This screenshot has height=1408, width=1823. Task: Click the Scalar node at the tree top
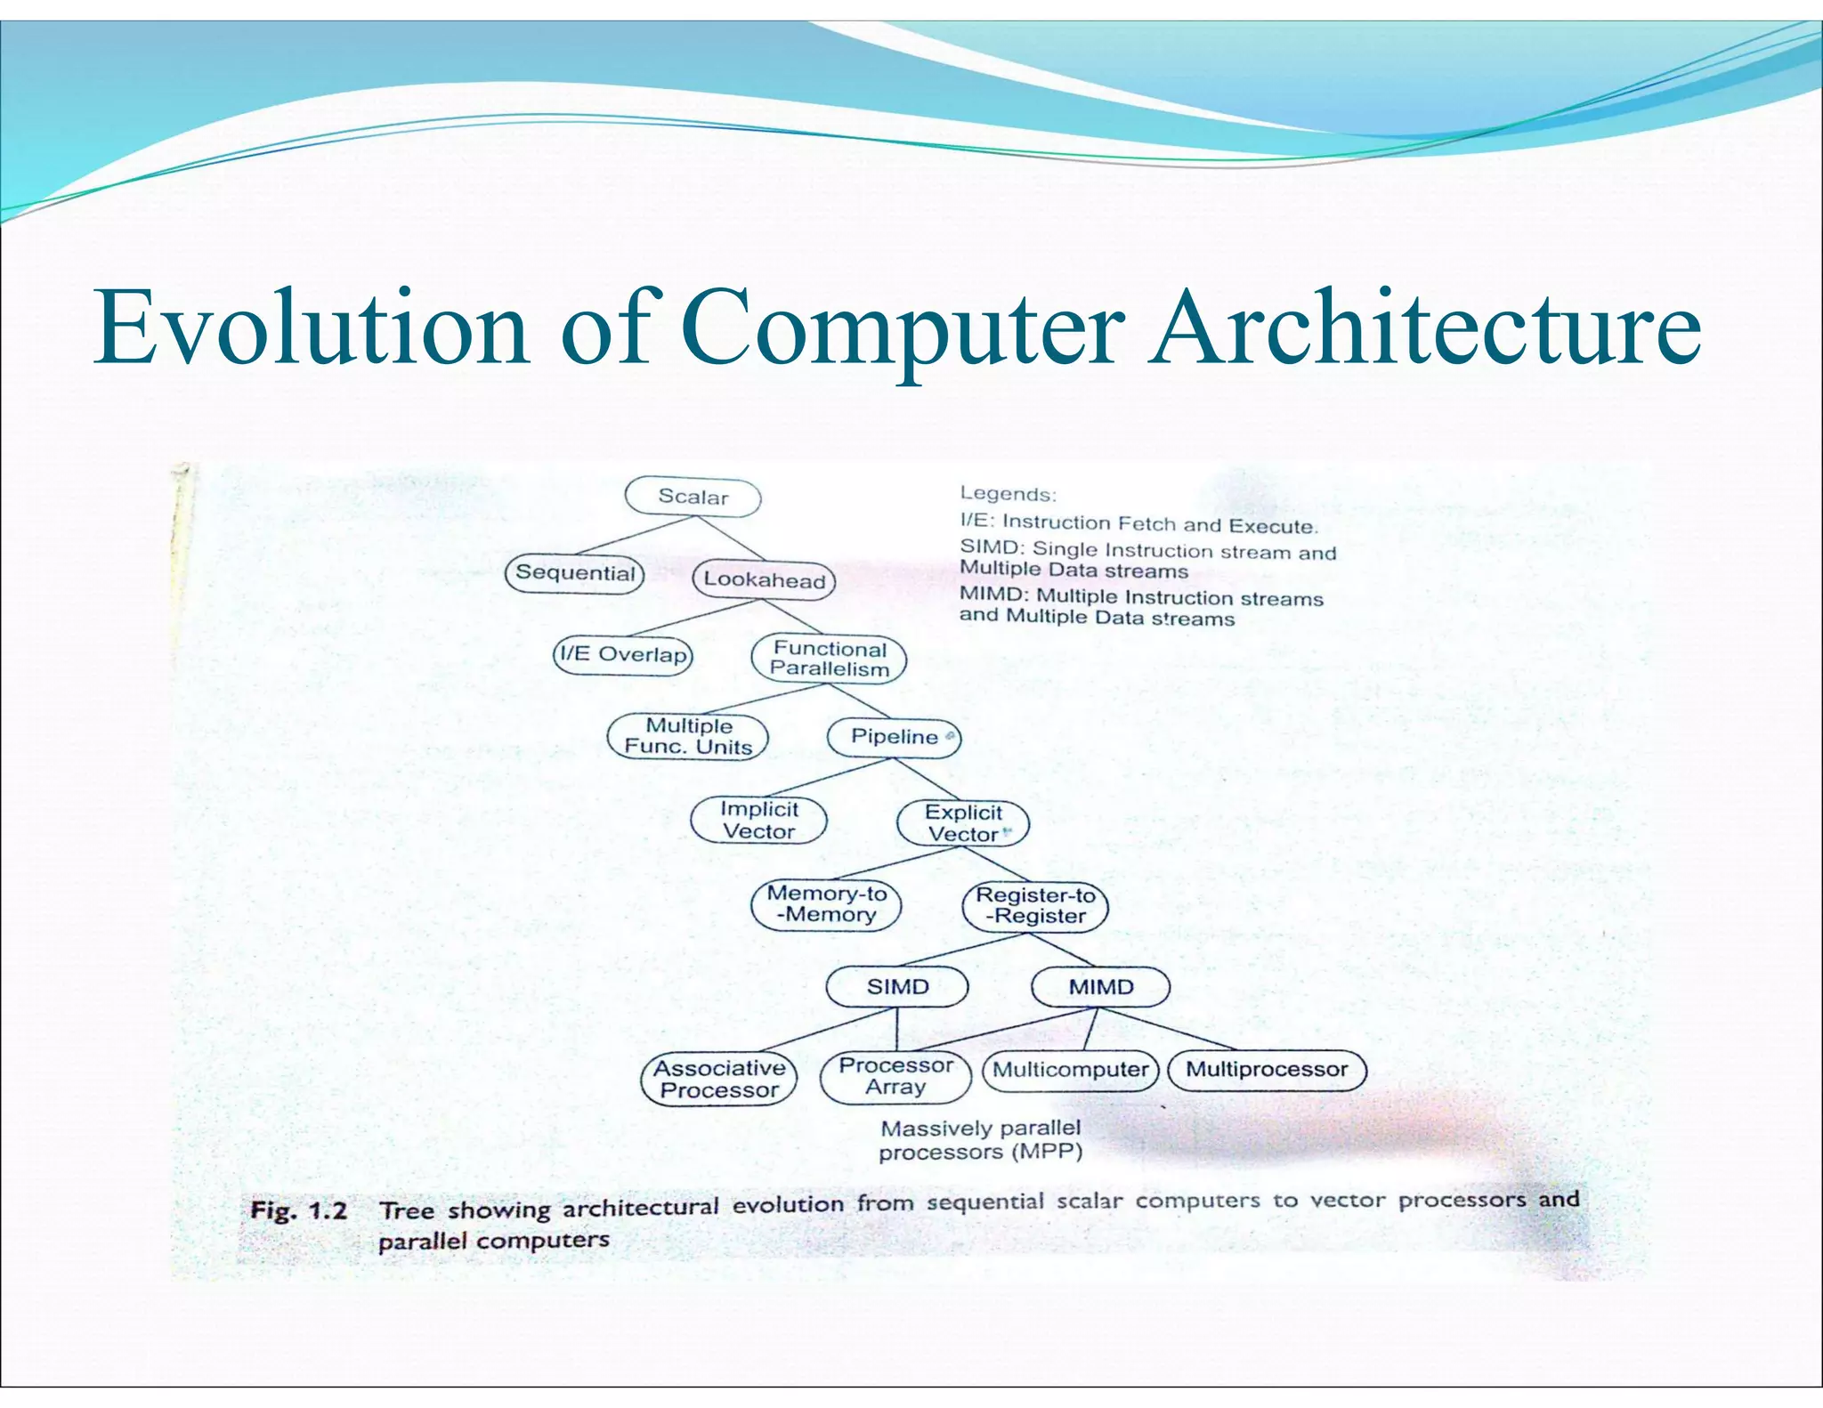point(693,497)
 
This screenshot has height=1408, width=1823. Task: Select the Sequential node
point(575,572)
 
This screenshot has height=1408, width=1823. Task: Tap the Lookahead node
point(764,579)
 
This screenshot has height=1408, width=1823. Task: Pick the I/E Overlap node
point(622,654)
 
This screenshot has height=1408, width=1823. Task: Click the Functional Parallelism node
point(829,659)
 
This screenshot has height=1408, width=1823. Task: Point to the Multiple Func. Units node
point(687,736)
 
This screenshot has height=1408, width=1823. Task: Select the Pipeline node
point(894,737)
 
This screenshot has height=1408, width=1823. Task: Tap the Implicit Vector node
point(758,820)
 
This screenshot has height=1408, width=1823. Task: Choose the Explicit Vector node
point(963,823)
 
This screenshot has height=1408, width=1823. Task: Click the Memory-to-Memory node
point(826,904)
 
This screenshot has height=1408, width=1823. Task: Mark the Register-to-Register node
point(1035,906)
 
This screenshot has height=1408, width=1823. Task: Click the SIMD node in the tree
point(897,987)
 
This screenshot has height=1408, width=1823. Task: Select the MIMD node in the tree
point(1100,987)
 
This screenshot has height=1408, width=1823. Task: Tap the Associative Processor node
point(719,1079)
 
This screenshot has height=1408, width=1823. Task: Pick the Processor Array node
point(895,1076)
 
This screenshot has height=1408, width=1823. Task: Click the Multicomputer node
point(1070,1070)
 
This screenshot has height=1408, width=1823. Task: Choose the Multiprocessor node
point(1266,1070)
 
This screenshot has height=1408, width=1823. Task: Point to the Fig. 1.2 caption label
point(298,1210)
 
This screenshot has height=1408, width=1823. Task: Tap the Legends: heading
point(1007,494)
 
